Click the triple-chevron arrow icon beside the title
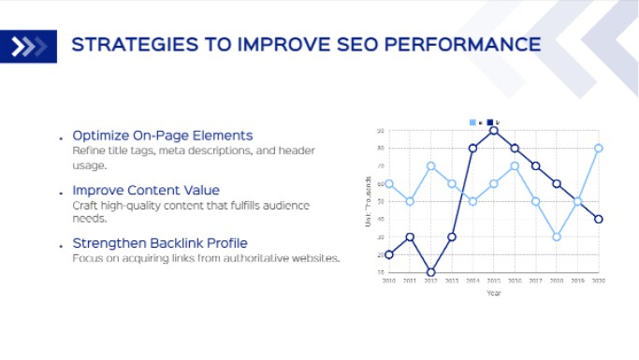29,46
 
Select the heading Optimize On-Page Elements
163,137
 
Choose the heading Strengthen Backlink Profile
160,244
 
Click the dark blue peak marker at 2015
494,131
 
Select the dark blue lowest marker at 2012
430,272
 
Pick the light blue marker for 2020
598,148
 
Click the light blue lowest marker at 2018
556,237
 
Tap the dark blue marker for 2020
598,219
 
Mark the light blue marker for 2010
388,184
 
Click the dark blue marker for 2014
472,148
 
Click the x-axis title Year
493,293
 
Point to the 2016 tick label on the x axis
515,280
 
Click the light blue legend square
473,122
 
